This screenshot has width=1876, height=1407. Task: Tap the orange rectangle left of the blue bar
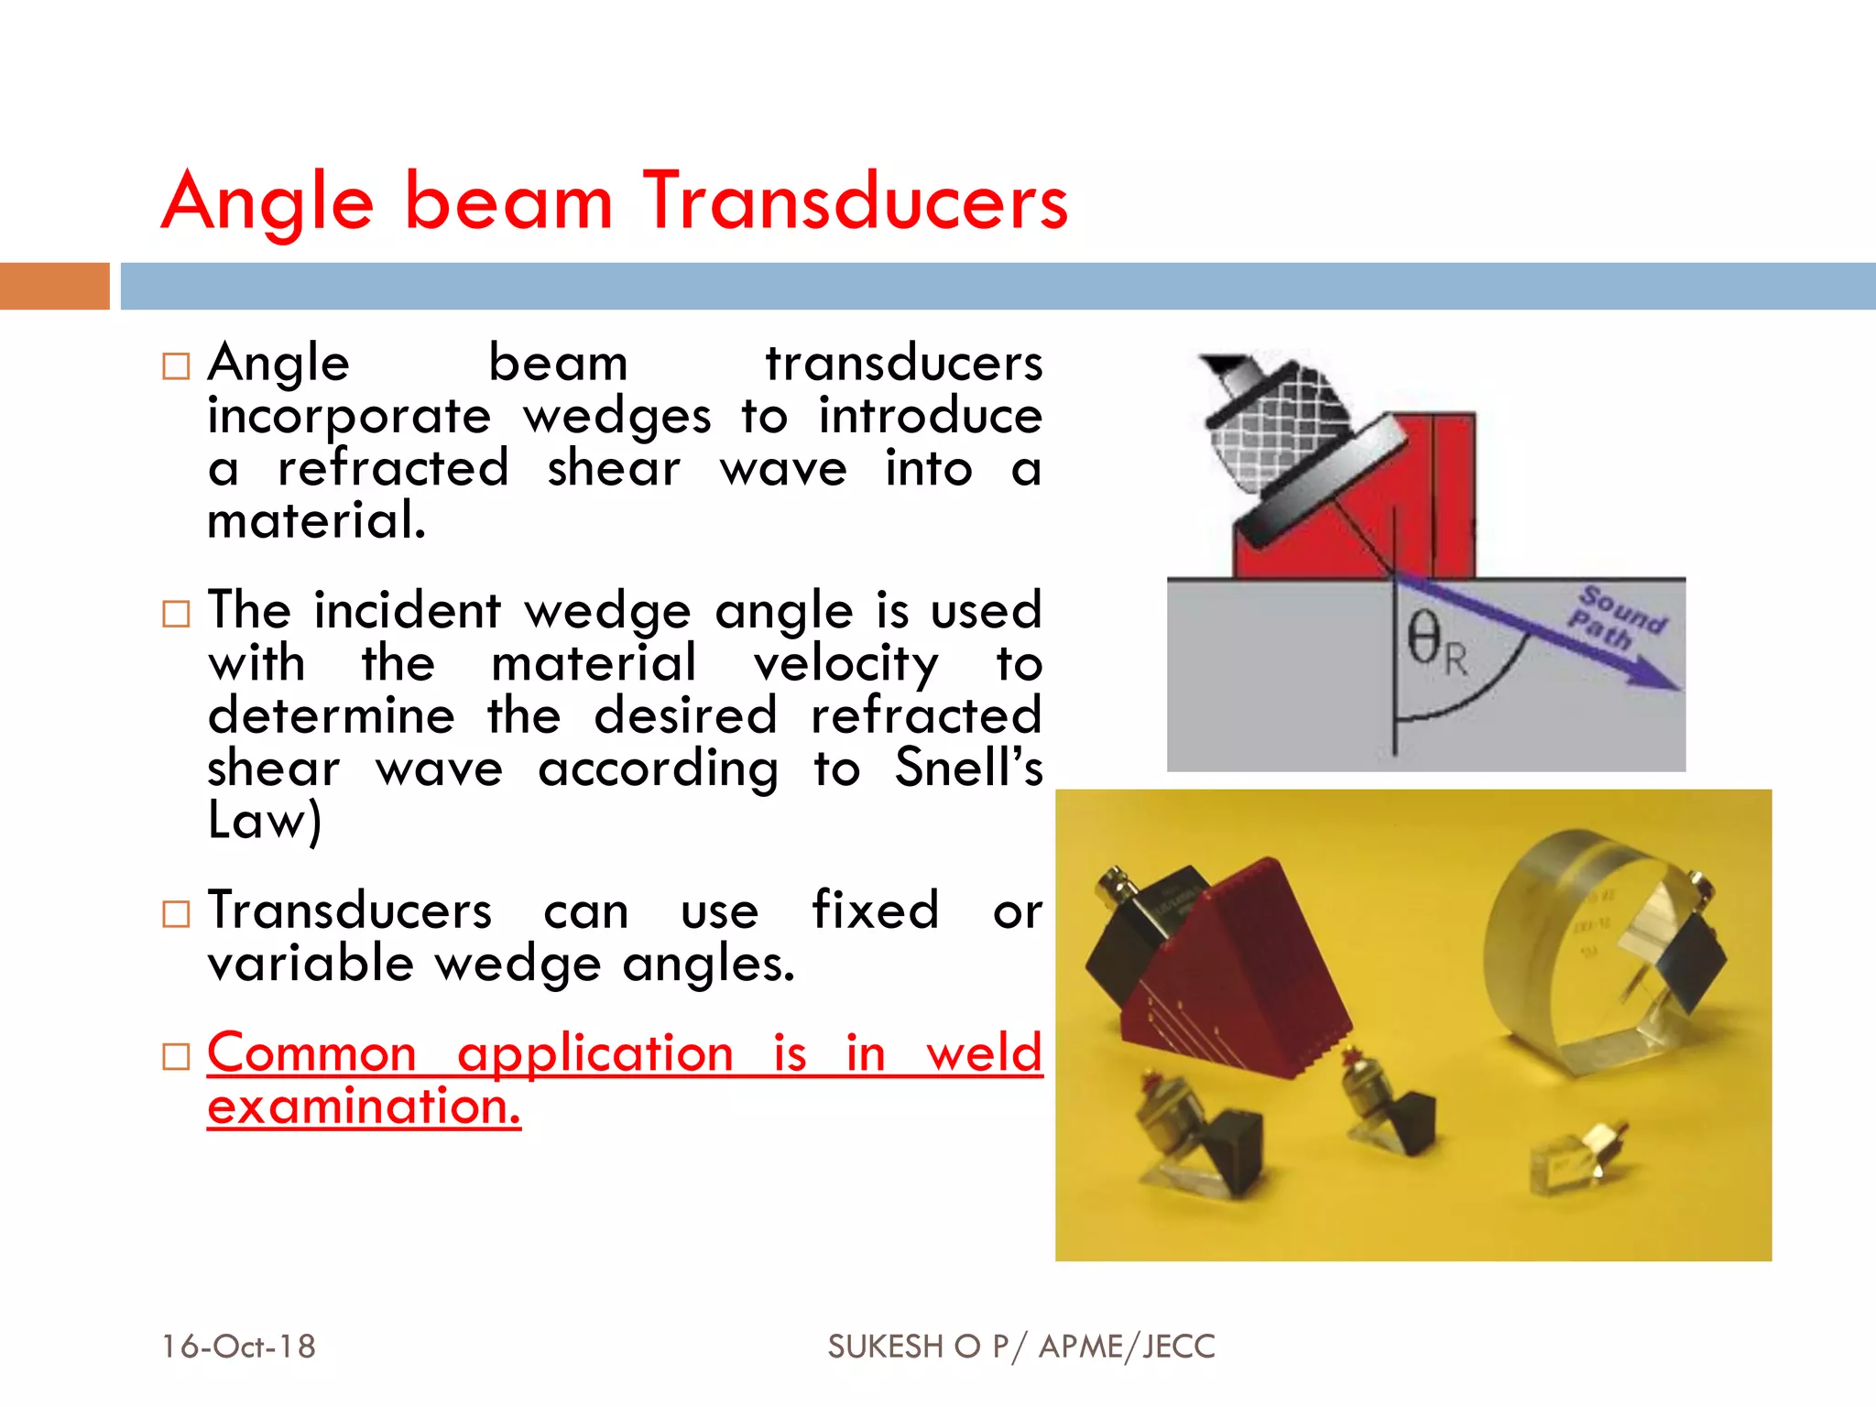[x=54, y=286]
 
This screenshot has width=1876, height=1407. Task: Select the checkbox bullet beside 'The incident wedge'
[x=176, y=613]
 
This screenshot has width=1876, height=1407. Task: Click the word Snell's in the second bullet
[x=968, y=768]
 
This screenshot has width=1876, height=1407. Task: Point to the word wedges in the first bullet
[x=616, y=417]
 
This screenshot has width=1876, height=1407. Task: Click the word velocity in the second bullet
[x=845, y=664]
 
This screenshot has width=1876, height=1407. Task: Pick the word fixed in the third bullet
[x=875, y=911]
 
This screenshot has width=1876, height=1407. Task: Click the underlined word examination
[x=364, y=1107]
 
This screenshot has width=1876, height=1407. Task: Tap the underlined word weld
[x=984, y=1053]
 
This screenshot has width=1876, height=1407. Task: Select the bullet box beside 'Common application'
[x=176, y=1056]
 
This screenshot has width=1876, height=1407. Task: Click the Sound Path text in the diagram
[x=1618, y=618]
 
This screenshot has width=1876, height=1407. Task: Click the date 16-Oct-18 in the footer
[x=238, y=1347]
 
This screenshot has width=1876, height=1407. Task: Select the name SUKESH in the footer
[x=885, y=1347]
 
